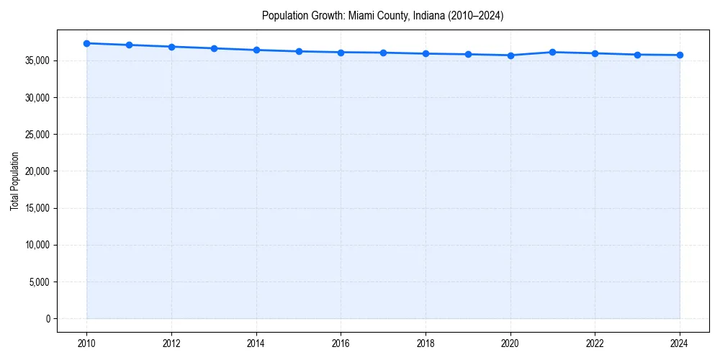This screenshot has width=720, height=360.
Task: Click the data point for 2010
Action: point(86,43)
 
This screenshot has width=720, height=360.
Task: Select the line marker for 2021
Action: point(552,52)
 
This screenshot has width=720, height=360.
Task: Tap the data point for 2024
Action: point(680,55)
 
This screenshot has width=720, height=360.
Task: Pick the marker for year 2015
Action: point(299,51)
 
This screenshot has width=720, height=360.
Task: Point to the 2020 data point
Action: point(510,55)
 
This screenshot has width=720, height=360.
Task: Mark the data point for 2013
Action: point(214,48)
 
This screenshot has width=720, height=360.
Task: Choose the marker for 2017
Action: point(383,53)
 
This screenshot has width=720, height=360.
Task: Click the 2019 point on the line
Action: point(468,54)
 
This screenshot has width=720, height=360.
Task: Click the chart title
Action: point(382,15)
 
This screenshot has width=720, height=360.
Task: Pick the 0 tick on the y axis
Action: point(48,318)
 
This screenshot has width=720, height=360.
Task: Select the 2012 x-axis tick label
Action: point(171,343)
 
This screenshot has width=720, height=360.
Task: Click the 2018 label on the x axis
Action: point(426,343)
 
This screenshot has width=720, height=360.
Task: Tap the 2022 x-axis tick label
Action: point(595,343)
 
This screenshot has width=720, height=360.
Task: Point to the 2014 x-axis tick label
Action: point(256,343)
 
